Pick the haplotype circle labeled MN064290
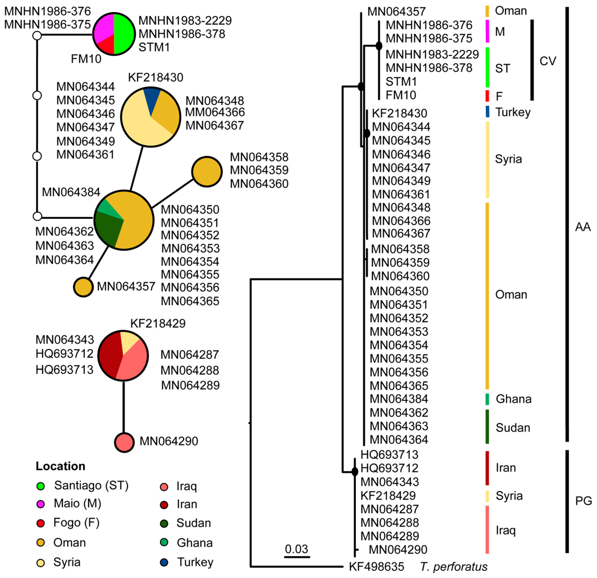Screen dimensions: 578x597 tap(124, 442)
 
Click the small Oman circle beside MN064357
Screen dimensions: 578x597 tap(83, 287)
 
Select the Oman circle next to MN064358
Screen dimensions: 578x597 tap(207, 172)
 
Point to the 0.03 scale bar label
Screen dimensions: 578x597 tap(296, 549)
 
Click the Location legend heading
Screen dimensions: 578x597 tap(60, 466)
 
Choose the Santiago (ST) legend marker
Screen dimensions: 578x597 tap(41, 486)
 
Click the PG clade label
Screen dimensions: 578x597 tap(583, 501)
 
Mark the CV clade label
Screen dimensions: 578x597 tap(548, 61)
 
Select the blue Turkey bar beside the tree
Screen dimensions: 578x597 tap(487, 112)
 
